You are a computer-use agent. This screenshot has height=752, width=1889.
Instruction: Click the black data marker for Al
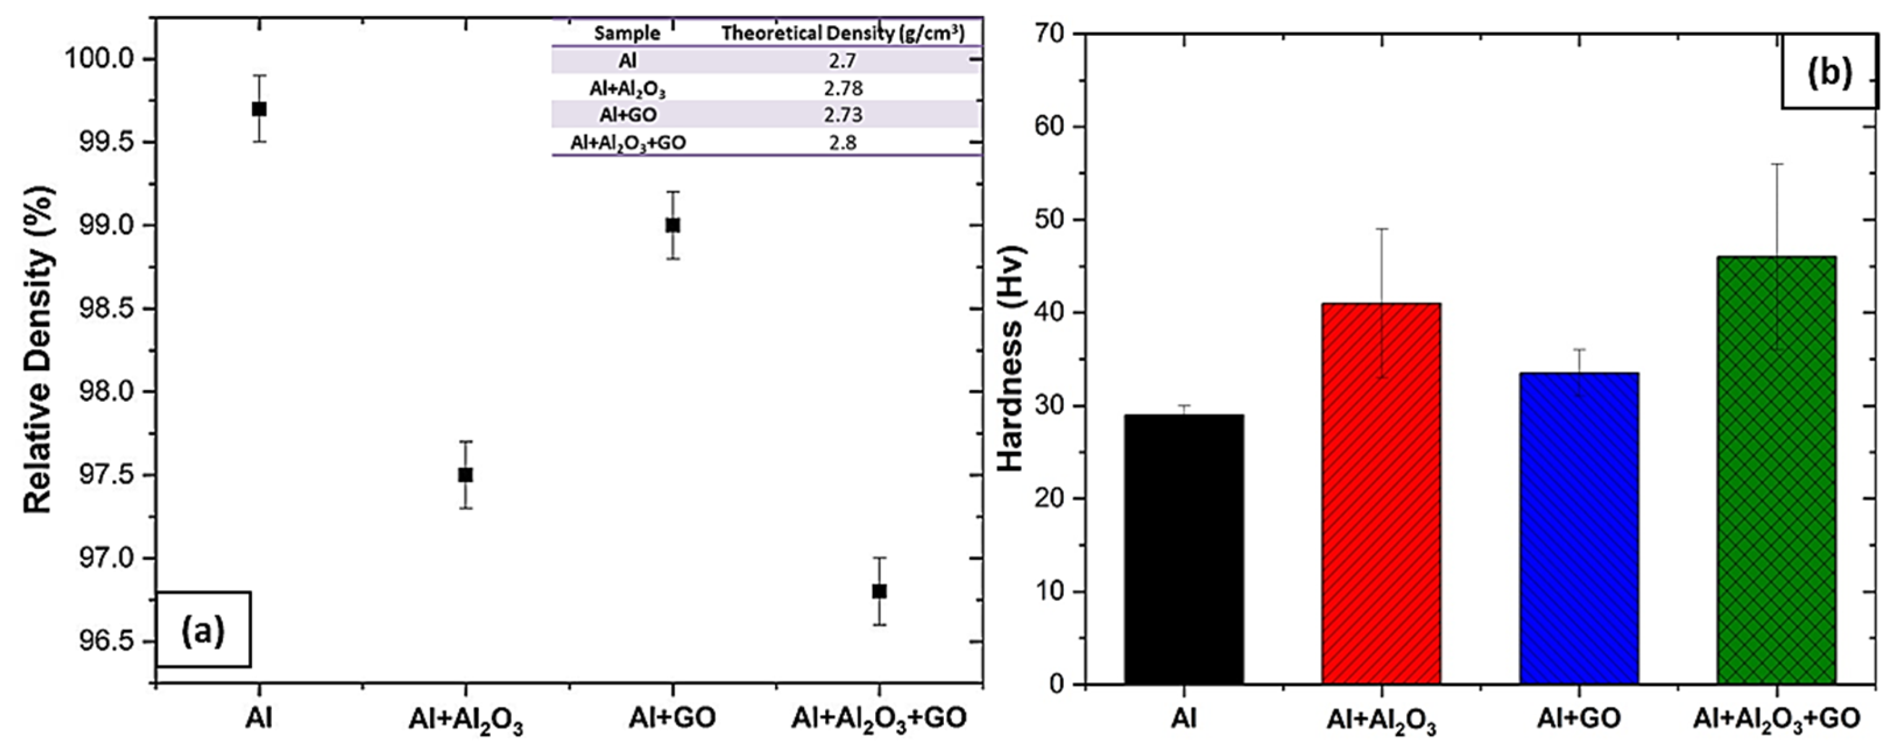click(259, 108)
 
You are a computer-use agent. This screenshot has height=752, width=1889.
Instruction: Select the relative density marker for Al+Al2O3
click(465, 474)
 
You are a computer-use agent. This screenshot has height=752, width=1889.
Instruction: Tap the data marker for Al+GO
click(672, 225)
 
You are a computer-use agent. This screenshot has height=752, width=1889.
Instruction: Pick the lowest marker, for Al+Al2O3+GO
click(880, 590)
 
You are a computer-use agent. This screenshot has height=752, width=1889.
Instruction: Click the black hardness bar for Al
click(1183, 549)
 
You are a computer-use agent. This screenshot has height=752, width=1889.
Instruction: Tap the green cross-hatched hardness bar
click(1776, 470)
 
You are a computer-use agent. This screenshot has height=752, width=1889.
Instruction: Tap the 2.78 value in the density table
click(842, 88)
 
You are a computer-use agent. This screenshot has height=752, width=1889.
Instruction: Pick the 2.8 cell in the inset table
click(842, 142)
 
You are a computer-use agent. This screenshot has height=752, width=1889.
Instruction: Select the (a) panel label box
click(204, 629)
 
